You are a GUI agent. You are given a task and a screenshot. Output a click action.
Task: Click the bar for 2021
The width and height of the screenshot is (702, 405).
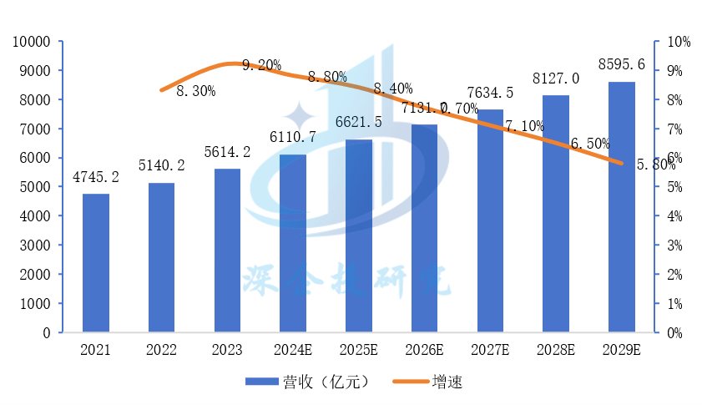[95, 263]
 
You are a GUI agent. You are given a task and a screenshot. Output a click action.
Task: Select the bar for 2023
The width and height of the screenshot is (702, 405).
[227, 251]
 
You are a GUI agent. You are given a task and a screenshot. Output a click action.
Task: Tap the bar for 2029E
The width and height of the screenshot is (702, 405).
[621, 207]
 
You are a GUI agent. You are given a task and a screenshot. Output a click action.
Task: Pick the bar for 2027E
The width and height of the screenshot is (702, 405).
[490, 221]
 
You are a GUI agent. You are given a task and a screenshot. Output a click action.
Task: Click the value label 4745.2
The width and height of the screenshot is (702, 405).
[95, 177]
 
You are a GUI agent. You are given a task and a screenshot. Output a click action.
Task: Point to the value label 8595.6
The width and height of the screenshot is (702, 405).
[622, 64]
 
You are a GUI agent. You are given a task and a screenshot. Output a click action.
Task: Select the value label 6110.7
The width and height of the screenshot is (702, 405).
[293, 137]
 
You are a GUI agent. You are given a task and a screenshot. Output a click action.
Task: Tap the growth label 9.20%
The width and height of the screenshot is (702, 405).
[261, 65]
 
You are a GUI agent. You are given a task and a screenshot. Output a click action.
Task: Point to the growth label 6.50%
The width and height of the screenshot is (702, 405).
[591, 144]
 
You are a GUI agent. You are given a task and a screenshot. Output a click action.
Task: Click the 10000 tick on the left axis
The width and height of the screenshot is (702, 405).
[34, 42]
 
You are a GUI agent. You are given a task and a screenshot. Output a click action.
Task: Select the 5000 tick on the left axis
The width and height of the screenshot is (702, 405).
[38, 187]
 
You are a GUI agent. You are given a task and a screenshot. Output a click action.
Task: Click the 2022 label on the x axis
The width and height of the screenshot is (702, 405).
[161, 350]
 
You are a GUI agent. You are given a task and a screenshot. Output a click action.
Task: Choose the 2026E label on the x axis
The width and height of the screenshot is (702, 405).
[424, 350]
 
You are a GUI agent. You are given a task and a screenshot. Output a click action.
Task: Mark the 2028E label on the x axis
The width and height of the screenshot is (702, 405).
[556, 350]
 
